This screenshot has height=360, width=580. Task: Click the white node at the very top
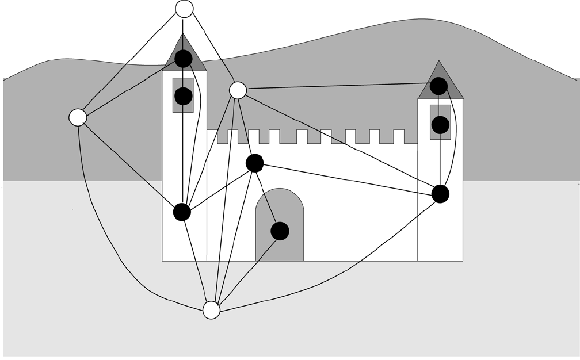pos(184,9)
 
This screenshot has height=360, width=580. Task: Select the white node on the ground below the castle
pos(211,310)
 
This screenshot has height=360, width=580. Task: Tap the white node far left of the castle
pos(78,117)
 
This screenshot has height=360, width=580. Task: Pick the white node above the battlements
pos(238,90)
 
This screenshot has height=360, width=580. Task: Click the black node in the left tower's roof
pos(183,58)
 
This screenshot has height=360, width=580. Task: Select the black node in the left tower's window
pos(183,96)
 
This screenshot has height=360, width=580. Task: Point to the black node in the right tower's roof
pos(438,86)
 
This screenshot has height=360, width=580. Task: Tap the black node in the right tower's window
pos(440,125)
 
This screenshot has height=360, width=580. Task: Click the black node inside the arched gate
pos(280,231)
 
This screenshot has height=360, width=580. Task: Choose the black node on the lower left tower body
pos(182,212)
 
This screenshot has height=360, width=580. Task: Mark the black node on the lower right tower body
pos(440,194)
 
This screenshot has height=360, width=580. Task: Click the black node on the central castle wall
pos(254,163)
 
